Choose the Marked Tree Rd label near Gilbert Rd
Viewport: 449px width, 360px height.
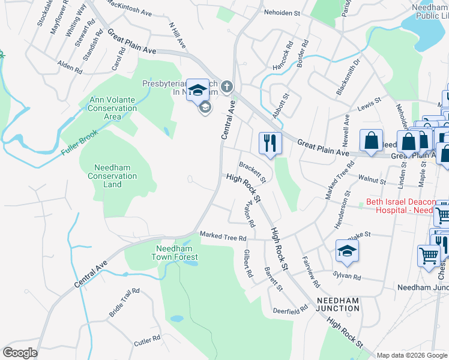pyautogui.click(x=223, y=238)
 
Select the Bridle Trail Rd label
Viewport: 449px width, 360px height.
pyautogui.click(x=124, y=302)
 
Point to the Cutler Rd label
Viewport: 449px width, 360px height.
pyautogui.click(x=147, y=340)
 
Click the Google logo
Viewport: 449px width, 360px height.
pyautogui.click(x=20, y=353)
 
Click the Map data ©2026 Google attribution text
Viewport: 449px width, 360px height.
pyautogui.click(x=412, y=355)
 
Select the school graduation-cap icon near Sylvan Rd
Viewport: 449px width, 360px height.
pyautogui.click(x=347, y=251)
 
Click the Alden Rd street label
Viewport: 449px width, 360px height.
pyautogui.click(x=70, y=67)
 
